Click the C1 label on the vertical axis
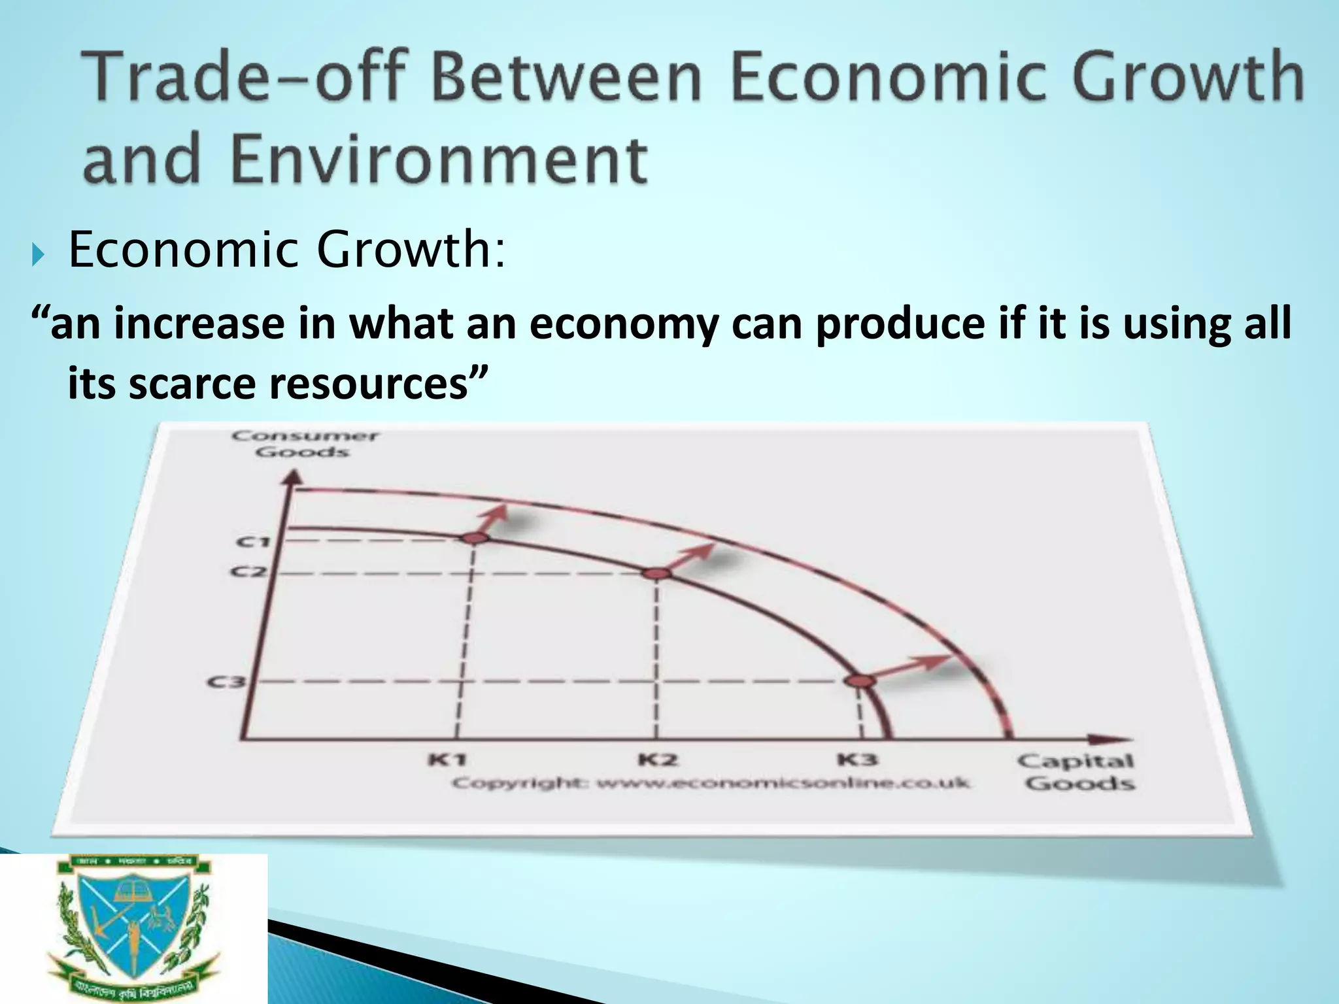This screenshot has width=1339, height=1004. coord(253,541)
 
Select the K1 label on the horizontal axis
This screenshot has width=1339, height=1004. coord(447,760)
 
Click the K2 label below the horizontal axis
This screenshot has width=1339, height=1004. coord(658,760)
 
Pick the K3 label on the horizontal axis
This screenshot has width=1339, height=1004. coord(857,760)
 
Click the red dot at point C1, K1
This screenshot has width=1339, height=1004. coord(475,537)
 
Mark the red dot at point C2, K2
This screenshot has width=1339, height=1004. coord(657,573)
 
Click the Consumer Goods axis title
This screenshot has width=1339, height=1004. coord(304,443)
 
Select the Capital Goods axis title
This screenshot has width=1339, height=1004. coord(1075,772)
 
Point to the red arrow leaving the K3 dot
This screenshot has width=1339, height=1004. coord(909,668)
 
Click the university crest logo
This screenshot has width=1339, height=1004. coord(134,929)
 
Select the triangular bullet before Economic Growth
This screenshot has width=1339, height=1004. coord(36,252)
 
